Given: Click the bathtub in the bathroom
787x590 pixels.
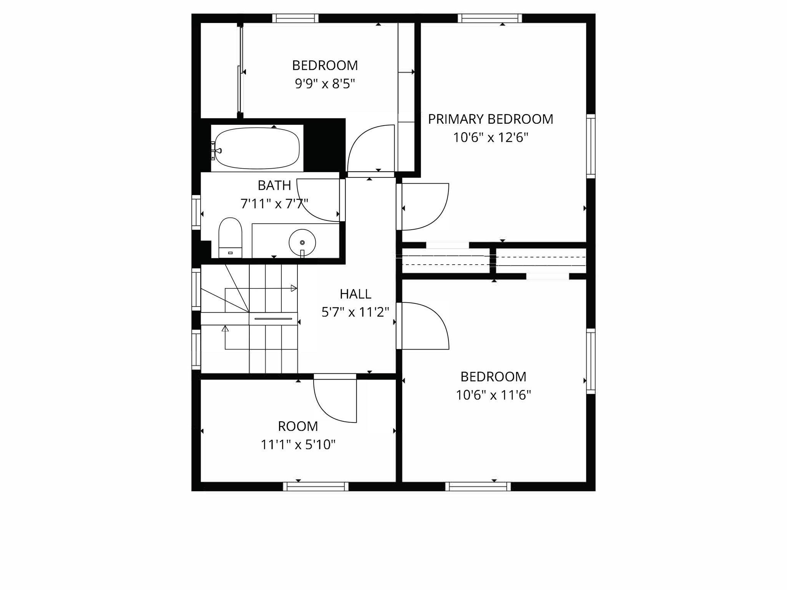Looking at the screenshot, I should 257,148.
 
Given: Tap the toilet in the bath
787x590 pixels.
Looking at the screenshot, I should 230,238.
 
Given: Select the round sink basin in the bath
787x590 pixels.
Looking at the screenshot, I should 302,242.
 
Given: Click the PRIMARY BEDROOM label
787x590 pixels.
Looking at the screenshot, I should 490,119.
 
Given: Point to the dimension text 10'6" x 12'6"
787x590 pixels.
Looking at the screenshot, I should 490,138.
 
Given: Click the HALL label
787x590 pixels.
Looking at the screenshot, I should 355,294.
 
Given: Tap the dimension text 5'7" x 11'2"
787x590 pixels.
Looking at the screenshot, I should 355,312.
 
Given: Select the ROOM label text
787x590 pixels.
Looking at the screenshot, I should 298,426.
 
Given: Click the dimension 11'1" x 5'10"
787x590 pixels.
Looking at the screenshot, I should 298,445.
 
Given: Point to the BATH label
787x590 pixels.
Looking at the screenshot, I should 274,186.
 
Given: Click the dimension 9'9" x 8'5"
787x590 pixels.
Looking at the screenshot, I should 325,84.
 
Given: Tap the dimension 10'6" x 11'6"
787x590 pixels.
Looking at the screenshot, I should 493,395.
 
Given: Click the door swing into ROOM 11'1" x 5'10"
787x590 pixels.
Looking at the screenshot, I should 334,401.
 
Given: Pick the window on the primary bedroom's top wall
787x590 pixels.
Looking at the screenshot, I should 490,18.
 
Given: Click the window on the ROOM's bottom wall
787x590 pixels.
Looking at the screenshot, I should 316,486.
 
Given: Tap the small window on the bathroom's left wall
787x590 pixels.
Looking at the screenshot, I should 196,212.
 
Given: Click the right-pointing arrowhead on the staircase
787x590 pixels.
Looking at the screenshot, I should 294,288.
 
